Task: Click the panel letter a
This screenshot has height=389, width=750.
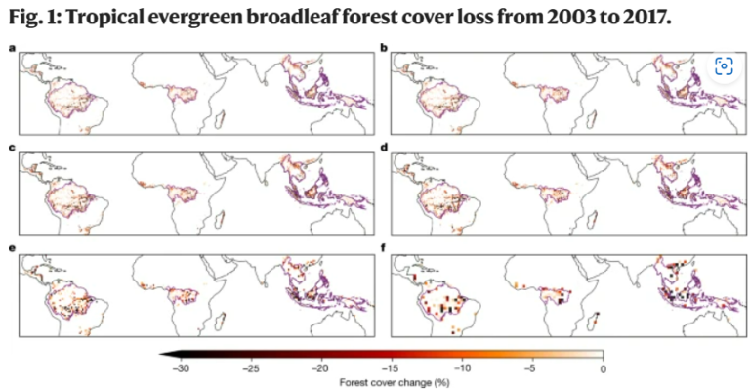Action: (11, 46)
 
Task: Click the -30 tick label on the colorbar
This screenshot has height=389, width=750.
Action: (181, 368)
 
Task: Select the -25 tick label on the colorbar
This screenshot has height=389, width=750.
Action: (250, 368)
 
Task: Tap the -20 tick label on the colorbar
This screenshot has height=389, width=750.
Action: (320, 368)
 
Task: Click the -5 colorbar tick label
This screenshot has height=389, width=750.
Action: (532, 368)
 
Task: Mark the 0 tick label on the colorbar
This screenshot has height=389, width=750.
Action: (603, 368)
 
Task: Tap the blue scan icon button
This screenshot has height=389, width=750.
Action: (724, 66)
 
